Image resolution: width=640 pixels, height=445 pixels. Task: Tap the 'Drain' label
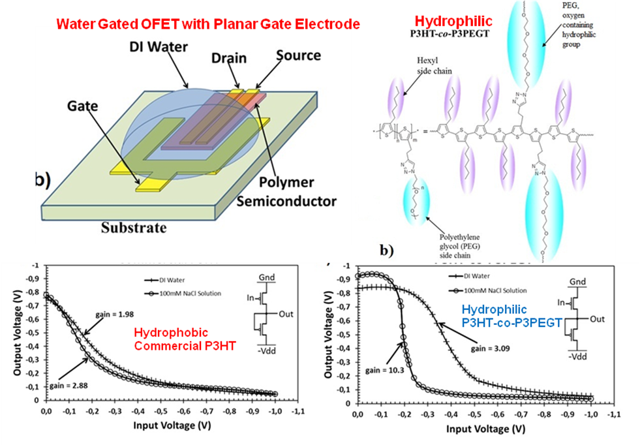click(x=229, y=58)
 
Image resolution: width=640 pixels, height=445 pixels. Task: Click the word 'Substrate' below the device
click(x=134, y=228)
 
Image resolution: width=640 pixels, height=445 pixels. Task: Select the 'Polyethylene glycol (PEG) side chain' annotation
click(x=455, y=244)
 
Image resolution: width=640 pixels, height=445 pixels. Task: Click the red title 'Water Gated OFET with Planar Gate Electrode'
click(x=207, y=25)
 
